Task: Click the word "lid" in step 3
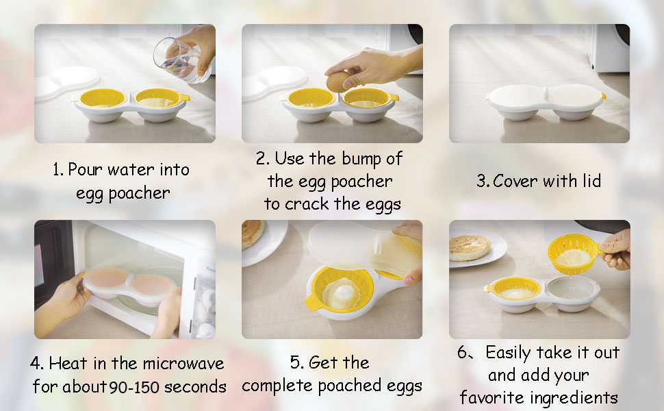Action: [589, 181]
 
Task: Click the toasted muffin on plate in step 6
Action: [469, 247]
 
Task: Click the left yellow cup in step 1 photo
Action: [103, 100]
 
